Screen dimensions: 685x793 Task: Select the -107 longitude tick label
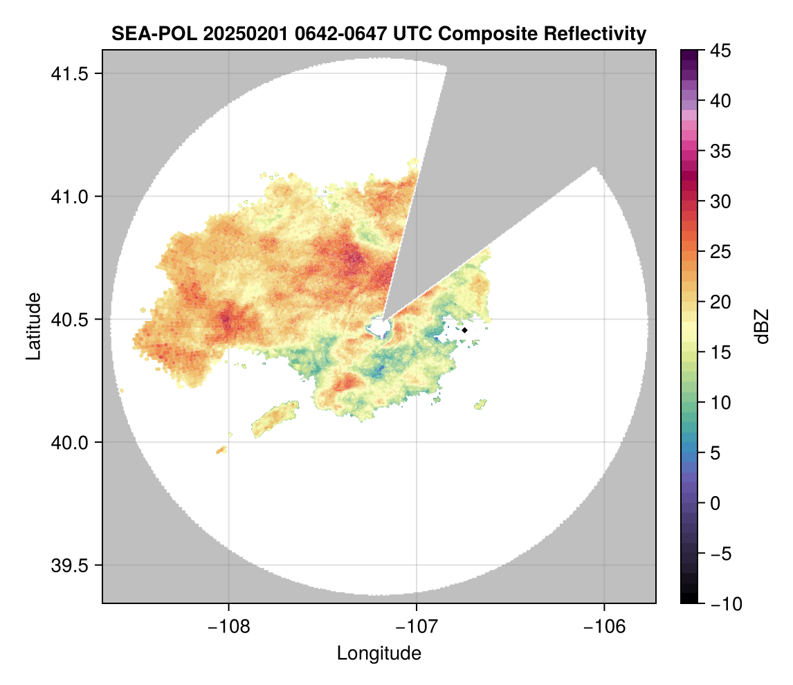[417, 626]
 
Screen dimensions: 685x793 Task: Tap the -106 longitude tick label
[605, 626]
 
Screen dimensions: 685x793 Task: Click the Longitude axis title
[379, 653]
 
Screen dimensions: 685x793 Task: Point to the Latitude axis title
[33, 326]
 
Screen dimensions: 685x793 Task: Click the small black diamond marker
[465, 330]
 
